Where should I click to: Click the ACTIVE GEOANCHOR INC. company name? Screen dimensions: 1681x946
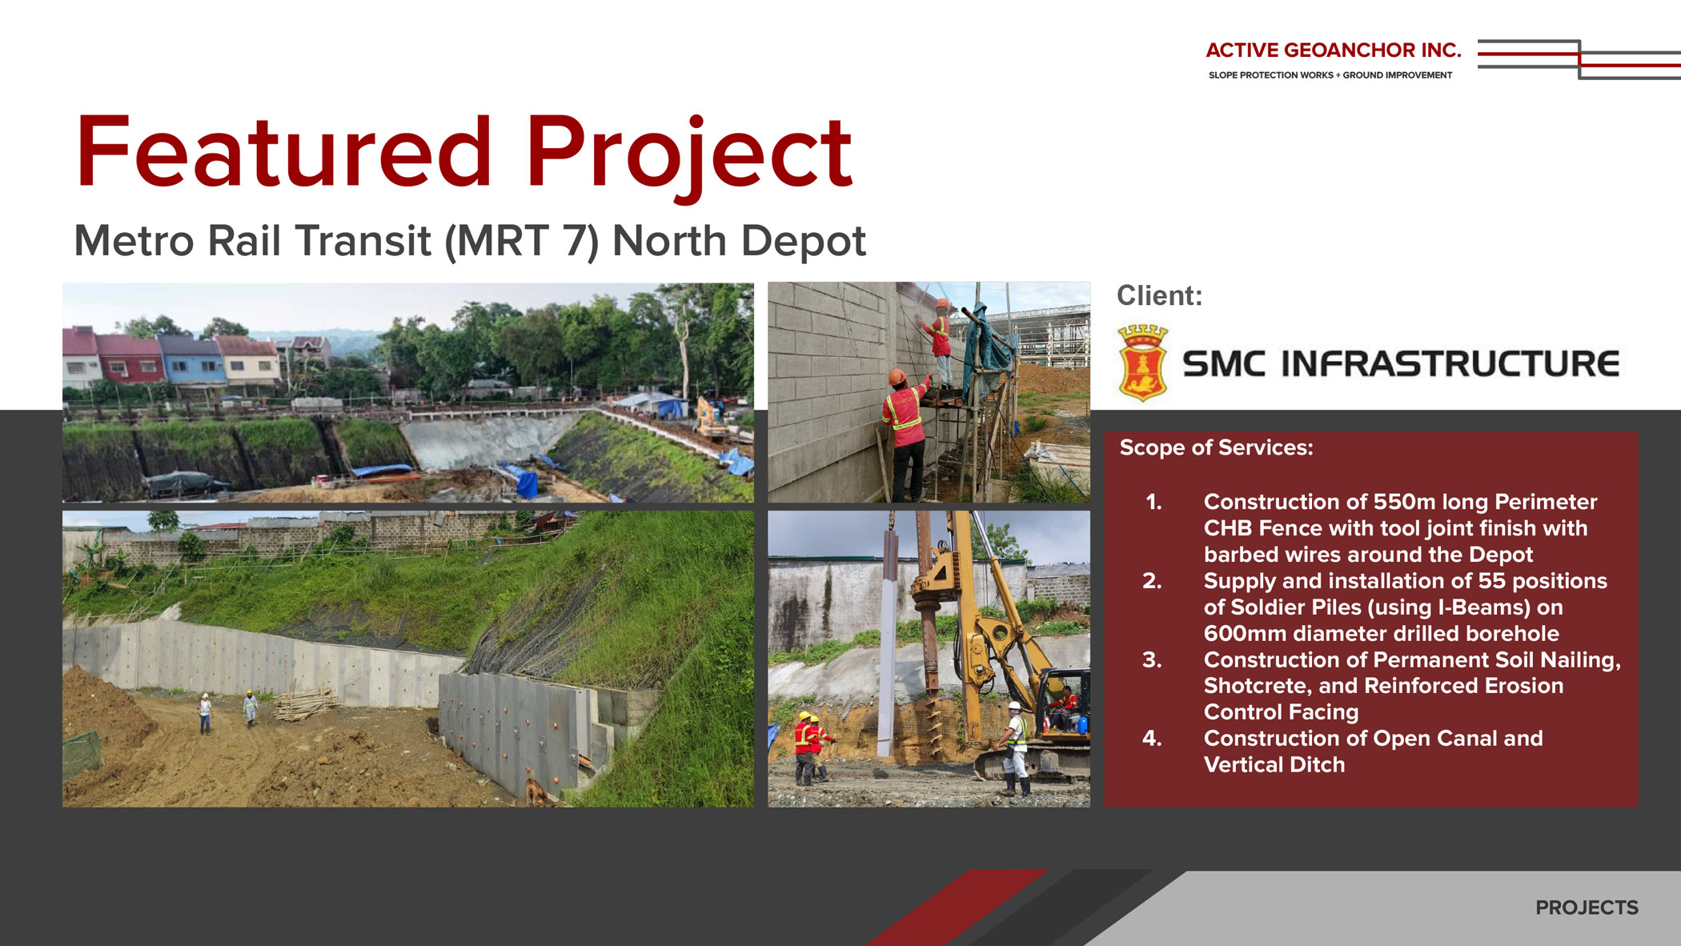tap(1334, 50)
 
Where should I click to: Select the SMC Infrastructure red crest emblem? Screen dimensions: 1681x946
tap(1142, 363)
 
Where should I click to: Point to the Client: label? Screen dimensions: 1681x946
tap(1159, 295)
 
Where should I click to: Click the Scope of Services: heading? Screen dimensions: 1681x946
tap(1216, 447)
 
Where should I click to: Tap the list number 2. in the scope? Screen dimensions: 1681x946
tap(1152, 581)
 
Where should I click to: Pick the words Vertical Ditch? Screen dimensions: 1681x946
tap(1274, 765)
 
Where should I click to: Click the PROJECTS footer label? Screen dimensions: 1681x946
tap(1587, 908)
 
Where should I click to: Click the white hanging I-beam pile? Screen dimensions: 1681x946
tap(888, 640)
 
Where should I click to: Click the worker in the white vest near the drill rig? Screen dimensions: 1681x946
tap(1013, 748)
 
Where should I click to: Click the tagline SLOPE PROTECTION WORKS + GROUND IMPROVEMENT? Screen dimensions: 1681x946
tap(1330, 75)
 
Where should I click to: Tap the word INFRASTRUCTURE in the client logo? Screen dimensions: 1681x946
tap(1450, 363)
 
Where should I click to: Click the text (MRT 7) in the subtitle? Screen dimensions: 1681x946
tap(521, 241)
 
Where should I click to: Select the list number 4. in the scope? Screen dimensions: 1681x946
tap(1152, 739)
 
